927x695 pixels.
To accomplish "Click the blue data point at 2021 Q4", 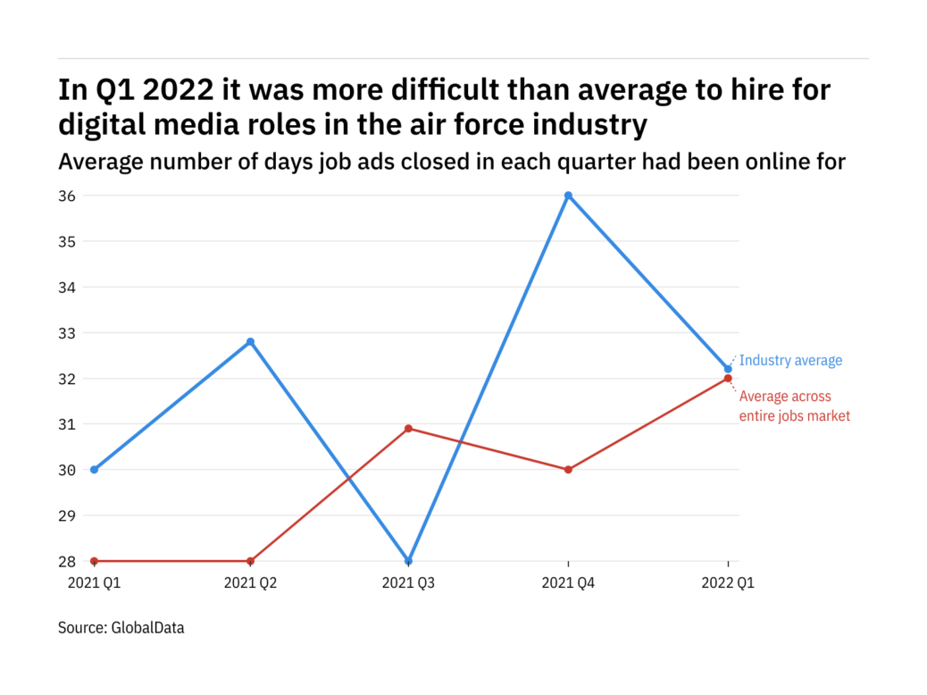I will point(568,196).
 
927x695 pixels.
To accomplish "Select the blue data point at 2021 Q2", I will point(250,341).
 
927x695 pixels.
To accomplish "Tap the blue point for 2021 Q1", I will point(94,469).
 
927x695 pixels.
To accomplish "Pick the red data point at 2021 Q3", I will point(409,429).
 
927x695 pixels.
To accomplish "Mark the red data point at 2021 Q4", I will point(568,469).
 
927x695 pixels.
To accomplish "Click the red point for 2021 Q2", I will point(250,561).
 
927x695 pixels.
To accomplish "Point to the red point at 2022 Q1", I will point(728,378).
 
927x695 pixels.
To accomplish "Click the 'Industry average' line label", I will point(790,361).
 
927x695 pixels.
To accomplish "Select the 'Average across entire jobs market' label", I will point(794,406).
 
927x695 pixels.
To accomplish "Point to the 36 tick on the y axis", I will point(68,196).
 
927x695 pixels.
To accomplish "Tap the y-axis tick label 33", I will point(68,333).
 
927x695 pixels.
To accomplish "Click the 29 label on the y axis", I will point(68,515).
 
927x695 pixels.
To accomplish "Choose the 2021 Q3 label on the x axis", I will point(409,582).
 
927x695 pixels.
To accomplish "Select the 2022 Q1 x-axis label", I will point(728,582).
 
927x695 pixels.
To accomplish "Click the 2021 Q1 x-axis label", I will point(94,582).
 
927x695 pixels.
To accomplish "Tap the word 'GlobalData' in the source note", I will point(147,628).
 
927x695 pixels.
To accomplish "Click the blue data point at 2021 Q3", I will point(409,561).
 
